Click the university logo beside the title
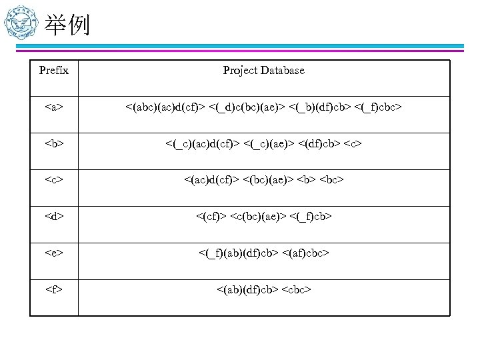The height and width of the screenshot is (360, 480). tap(20, 26)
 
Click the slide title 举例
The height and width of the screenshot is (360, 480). tap(67, 26)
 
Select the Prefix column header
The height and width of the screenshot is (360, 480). tap(53, 70)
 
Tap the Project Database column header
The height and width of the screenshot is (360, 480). tap(263, 70)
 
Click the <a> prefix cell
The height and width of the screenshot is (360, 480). tap(53, 106)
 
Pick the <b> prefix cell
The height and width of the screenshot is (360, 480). tap(53, 142)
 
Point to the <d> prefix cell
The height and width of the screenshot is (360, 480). tap(53, 215)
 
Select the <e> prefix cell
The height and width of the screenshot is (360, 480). tap(53, 252)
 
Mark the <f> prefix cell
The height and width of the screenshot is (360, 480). tap(53, 289)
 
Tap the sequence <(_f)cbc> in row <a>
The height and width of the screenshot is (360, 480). tap(379, 106)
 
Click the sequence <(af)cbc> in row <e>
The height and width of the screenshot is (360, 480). tap(305, 252)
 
